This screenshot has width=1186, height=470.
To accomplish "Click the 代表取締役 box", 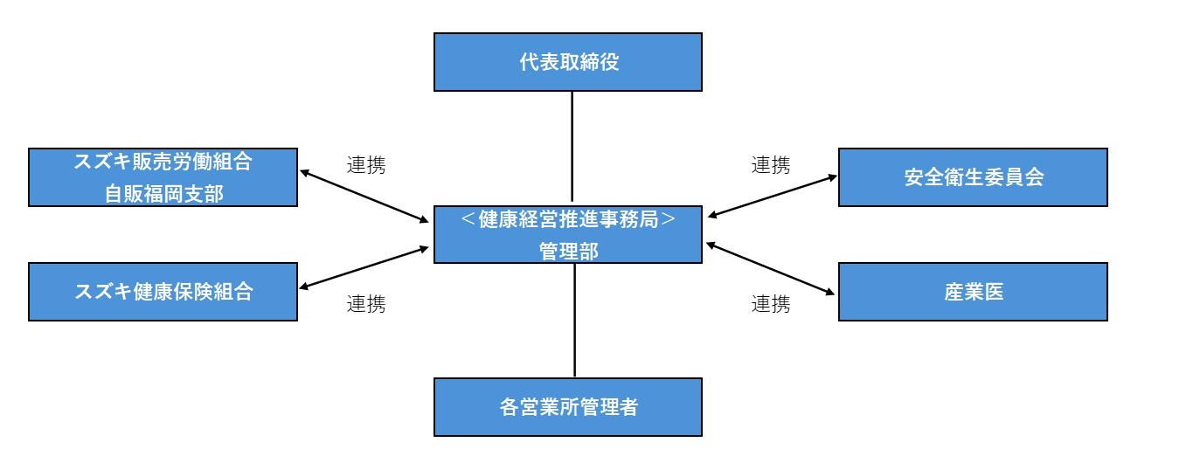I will point(568,62).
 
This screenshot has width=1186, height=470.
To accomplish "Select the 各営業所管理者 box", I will point(568,407).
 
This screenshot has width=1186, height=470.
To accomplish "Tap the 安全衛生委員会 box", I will point(973,177).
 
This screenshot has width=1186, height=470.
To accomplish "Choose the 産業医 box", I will point(973,292).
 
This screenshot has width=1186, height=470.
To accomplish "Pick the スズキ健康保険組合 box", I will point(163,292).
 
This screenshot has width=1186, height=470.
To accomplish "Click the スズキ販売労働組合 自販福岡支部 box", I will point(163,177).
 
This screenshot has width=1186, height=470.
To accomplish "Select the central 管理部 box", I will point(568,235).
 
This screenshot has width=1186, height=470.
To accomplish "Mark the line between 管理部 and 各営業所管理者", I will point(574,320).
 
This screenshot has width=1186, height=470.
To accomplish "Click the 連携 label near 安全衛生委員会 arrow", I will point(771,164).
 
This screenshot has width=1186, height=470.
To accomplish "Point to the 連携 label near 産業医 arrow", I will point(771,304).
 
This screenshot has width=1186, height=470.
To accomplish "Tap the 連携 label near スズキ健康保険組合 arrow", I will point(366,304).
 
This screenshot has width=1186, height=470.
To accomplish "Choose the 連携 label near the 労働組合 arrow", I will point(366,164).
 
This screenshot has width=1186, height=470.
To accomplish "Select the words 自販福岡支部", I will point(163,192).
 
